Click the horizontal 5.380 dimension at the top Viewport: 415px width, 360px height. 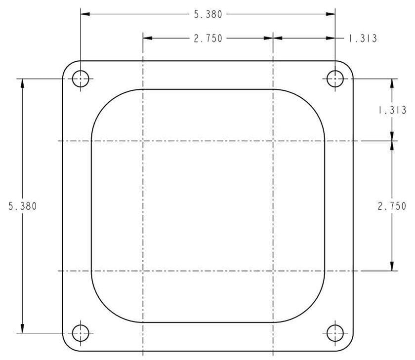coord(208,14)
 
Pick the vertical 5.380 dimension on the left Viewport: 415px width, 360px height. coord(23,206)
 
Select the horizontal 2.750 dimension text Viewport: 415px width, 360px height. coord(208,39)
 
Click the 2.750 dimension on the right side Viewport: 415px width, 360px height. coord(392,206)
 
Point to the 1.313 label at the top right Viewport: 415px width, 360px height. coord(363,39)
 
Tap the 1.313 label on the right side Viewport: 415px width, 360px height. coord(392,110)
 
